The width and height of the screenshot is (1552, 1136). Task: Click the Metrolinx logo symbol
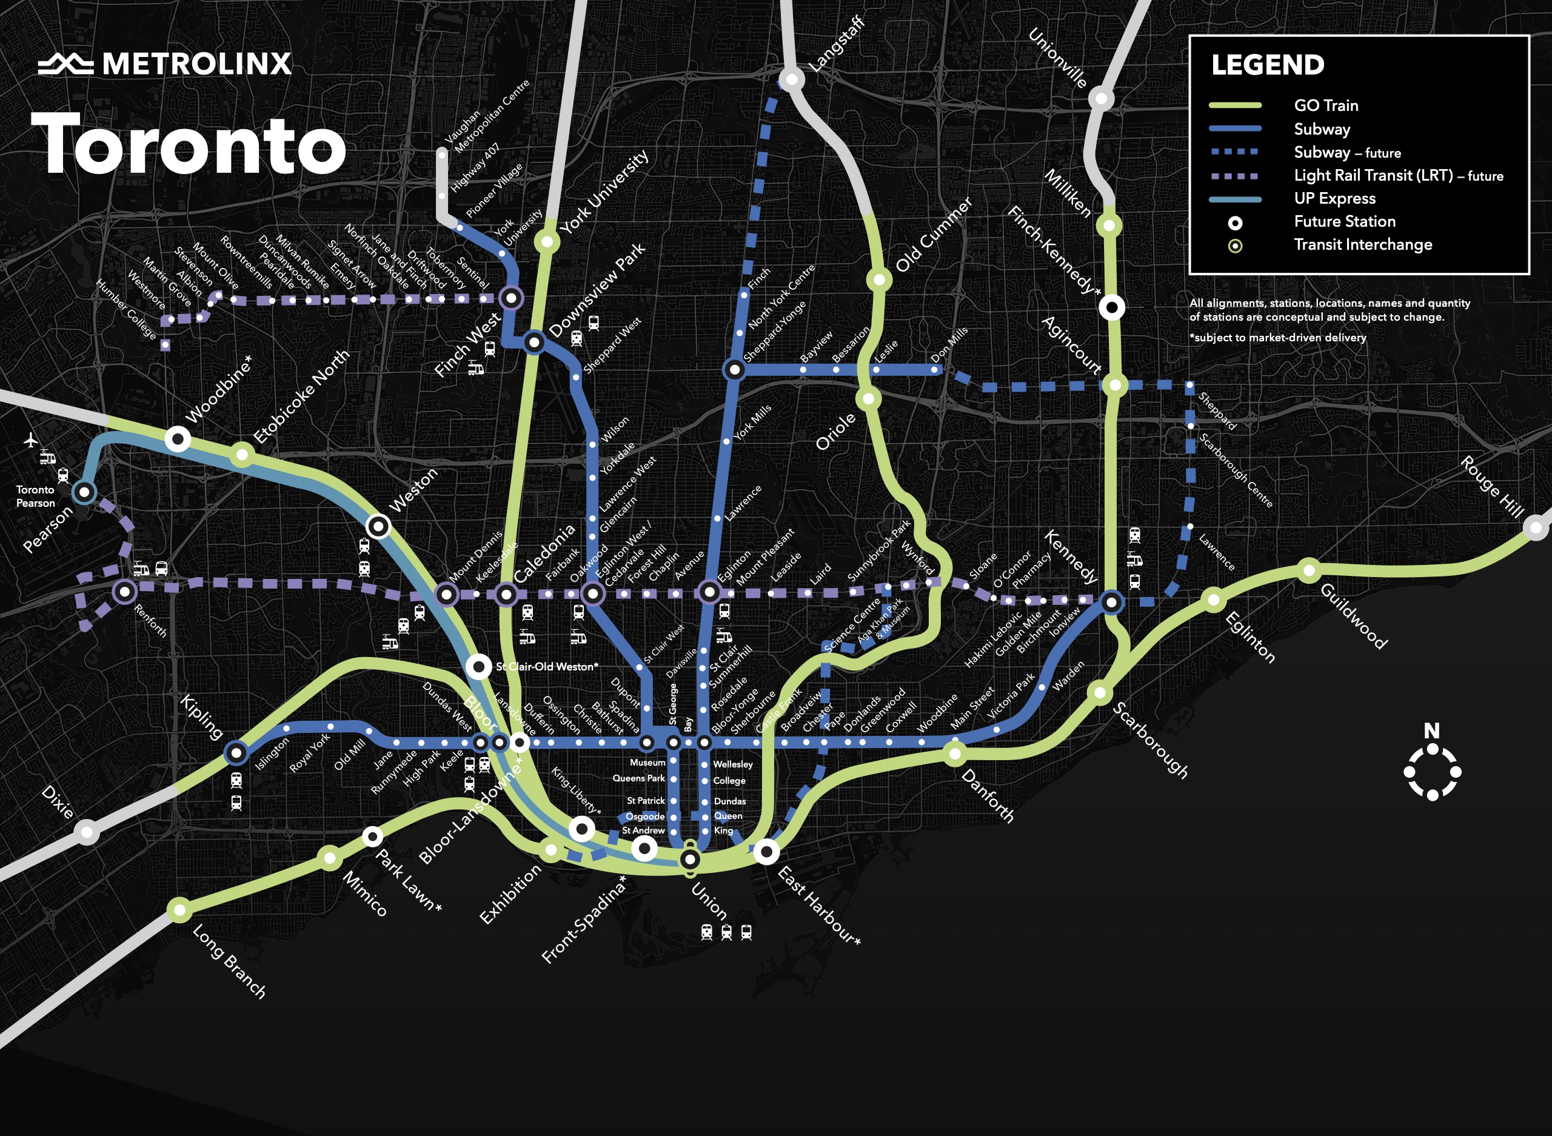65,64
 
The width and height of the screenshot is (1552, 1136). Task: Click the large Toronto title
189,144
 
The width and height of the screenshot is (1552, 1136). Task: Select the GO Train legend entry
1325,105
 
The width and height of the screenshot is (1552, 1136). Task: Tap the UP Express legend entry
1334,198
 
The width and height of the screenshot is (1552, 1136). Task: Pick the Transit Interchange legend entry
1362,245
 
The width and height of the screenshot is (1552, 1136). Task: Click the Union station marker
690,859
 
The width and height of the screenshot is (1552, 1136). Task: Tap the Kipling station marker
236,753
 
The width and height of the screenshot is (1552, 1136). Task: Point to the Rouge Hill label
1492,486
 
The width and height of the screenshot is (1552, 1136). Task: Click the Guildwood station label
1353,615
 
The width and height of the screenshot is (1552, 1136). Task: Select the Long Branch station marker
179,910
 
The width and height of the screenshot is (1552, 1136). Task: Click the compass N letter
1432,730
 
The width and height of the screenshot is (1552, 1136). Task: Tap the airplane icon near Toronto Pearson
30,439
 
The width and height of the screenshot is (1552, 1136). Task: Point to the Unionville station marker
1101,98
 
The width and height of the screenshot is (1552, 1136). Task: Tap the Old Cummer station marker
879,279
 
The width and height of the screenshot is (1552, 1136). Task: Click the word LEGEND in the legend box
1267,65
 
